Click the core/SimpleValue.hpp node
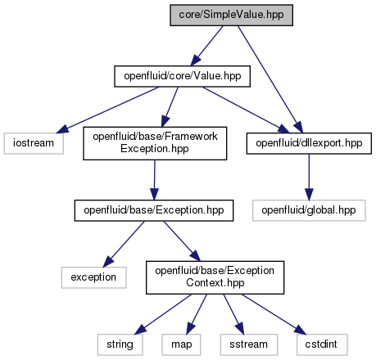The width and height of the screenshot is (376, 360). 231,15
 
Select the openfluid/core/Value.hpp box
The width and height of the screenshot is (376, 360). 182,76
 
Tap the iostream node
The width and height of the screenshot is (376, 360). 34,143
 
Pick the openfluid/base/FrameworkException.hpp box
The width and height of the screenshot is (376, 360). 155,143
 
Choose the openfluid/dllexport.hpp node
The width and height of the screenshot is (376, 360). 309,143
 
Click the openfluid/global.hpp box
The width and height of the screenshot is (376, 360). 309,210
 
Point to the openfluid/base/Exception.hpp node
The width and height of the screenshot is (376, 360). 154,210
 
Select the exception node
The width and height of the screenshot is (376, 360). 93,277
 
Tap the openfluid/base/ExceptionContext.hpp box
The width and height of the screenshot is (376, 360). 215,277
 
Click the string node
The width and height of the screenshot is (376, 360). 120,344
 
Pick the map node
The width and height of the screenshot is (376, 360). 181,344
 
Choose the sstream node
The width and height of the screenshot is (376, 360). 249,344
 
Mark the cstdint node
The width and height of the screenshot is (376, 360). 322,344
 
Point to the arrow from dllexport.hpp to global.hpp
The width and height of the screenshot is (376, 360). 309,177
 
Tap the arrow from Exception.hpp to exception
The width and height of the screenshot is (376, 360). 124,244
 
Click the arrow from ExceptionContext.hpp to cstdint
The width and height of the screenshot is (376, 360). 274,314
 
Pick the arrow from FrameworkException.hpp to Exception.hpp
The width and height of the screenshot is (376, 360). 155,180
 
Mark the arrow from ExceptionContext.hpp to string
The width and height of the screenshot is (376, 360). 163,314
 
